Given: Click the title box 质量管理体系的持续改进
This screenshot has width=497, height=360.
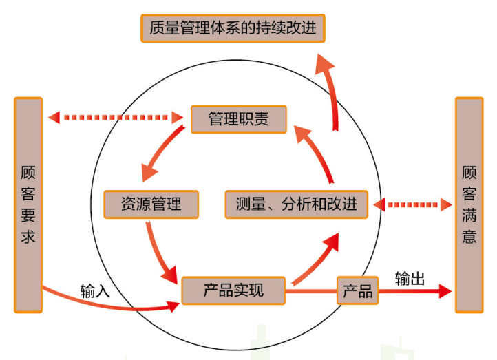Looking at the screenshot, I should (x=233, y=28).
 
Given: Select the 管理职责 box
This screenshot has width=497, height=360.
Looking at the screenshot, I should (x=238, y=120).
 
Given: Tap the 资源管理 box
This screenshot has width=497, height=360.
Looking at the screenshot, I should (x=151, y=204).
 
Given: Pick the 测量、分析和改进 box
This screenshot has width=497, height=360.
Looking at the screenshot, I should (x=297, y=204).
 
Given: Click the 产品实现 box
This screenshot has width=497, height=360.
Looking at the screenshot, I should (x=233, y=290).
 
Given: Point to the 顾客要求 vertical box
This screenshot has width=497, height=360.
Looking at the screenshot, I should (x=28, y=204).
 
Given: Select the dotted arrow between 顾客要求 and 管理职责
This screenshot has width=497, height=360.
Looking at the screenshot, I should (x=118, y=118).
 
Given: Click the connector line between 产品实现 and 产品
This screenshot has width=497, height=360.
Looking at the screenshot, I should (x=310, y=291).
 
